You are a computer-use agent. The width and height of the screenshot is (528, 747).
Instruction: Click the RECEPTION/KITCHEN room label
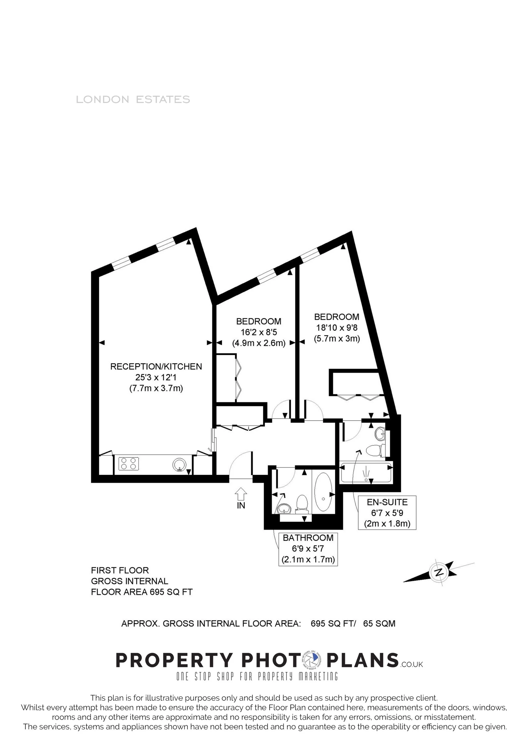(156, 367)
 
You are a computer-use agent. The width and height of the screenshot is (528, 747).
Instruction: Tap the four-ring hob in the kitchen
(129, 463)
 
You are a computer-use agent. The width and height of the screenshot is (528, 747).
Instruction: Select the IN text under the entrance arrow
(241, 505)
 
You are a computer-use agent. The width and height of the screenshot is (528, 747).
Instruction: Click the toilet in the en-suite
(375, 451)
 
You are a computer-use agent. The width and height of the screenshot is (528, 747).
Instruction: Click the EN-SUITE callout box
(387, 513)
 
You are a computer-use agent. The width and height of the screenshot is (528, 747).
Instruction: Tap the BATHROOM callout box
(308, 549)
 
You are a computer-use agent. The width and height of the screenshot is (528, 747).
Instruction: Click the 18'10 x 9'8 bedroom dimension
(337, 328)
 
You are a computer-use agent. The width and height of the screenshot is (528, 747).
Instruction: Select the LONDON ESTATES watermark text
(133, 99)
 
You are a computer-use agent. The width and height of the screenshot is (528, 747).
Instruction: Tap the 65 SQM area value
(379, 623)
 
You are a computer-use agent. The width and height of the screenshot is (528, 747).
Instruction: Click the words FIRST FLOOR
(120, 570)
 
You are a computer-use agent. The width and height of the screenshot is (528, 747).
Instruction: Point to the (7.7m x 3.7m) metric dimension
(156, 388)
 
